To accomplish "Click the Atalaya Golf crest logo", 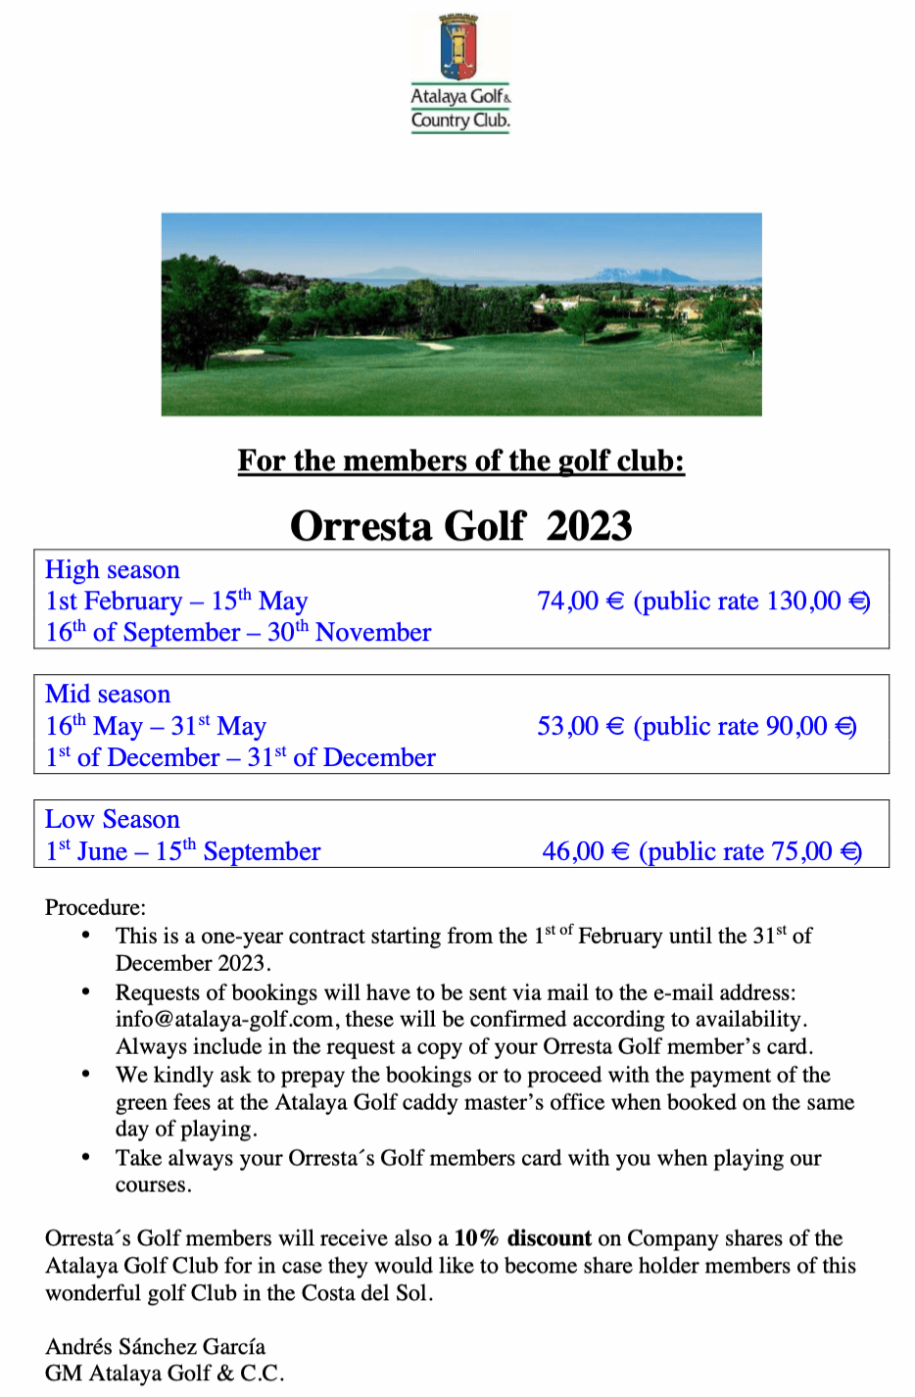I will pos(458,47).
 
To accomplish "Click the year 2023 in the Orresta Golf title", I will pos(589,526).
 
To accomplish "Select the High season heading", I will pos(113,570).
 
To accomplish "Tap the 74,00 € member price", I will pos(580,602).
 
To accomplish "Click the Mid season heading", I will pos(108,695).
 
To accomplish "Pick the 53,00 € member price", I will pos(580,727).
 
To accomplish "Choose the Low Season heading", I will pos(113,820).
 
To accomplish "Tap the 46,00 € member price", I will pos(585,851).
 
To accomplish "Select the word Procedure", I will pos(95,907).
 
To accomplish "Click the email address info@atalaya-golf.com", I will pos(224,1020).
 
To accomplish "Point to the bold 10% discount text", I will pos(522,1238).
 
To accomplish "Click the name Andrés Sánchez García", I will pos(155,1346).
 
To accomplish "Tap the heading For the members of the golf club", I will pos(460,460).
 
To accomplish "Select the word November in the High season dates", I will pos(373,633).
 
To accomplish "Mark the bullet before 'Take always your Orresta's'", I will pos(86,1158).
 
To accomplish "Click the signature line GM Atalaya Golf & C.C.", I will pos(165,1373).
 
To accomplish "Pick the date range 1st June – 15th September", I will pos(183,851).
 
